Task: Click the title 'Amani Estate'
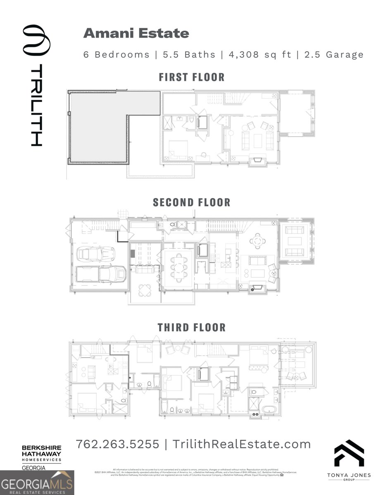(x=136, y=33)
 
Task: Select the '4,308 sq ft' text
(x=260, y=54)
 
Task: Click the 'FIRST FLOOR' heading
(x=192, y=77)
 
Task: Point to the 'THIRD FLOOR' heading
(x=191, y=328)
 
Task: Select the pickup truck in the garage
(x=100, y=273)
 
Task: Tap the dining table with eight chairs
(x=178, y=267)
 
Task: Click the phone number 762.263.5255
(x=118, y=444)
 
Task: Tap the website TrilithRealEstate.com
(x=241, y=444)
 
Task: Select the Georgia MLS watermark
(x=37, y=483)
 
